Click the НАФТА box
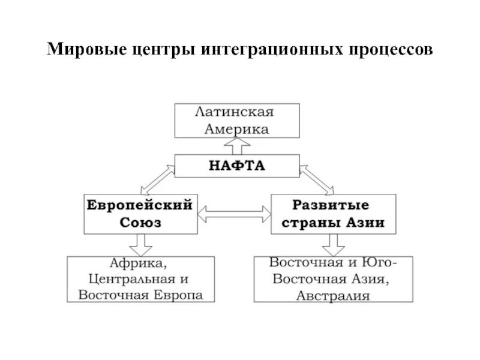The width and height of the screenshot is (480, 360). pyautogui.click(x=236, y=164)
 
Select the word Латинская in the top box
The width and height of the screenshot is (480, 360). pyautogui.click(x=236, y=112)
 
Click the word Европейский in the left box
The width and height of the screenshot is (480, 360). pyautogui.click(x=139, y=205)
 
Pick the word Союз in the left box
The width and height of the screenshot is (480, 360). pyautogui.click(x=139, y=222)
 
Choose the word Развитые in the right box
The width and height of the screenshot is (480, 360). pyautogui.click(x=334, y=205)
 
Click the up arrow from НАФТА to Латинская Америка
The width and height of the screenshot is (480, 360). pyautogui.click(x=236, y=145)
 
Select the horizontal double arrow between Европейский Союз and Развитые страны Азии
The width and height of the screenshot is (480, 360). pyautogui.click(x=236, y=212)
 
